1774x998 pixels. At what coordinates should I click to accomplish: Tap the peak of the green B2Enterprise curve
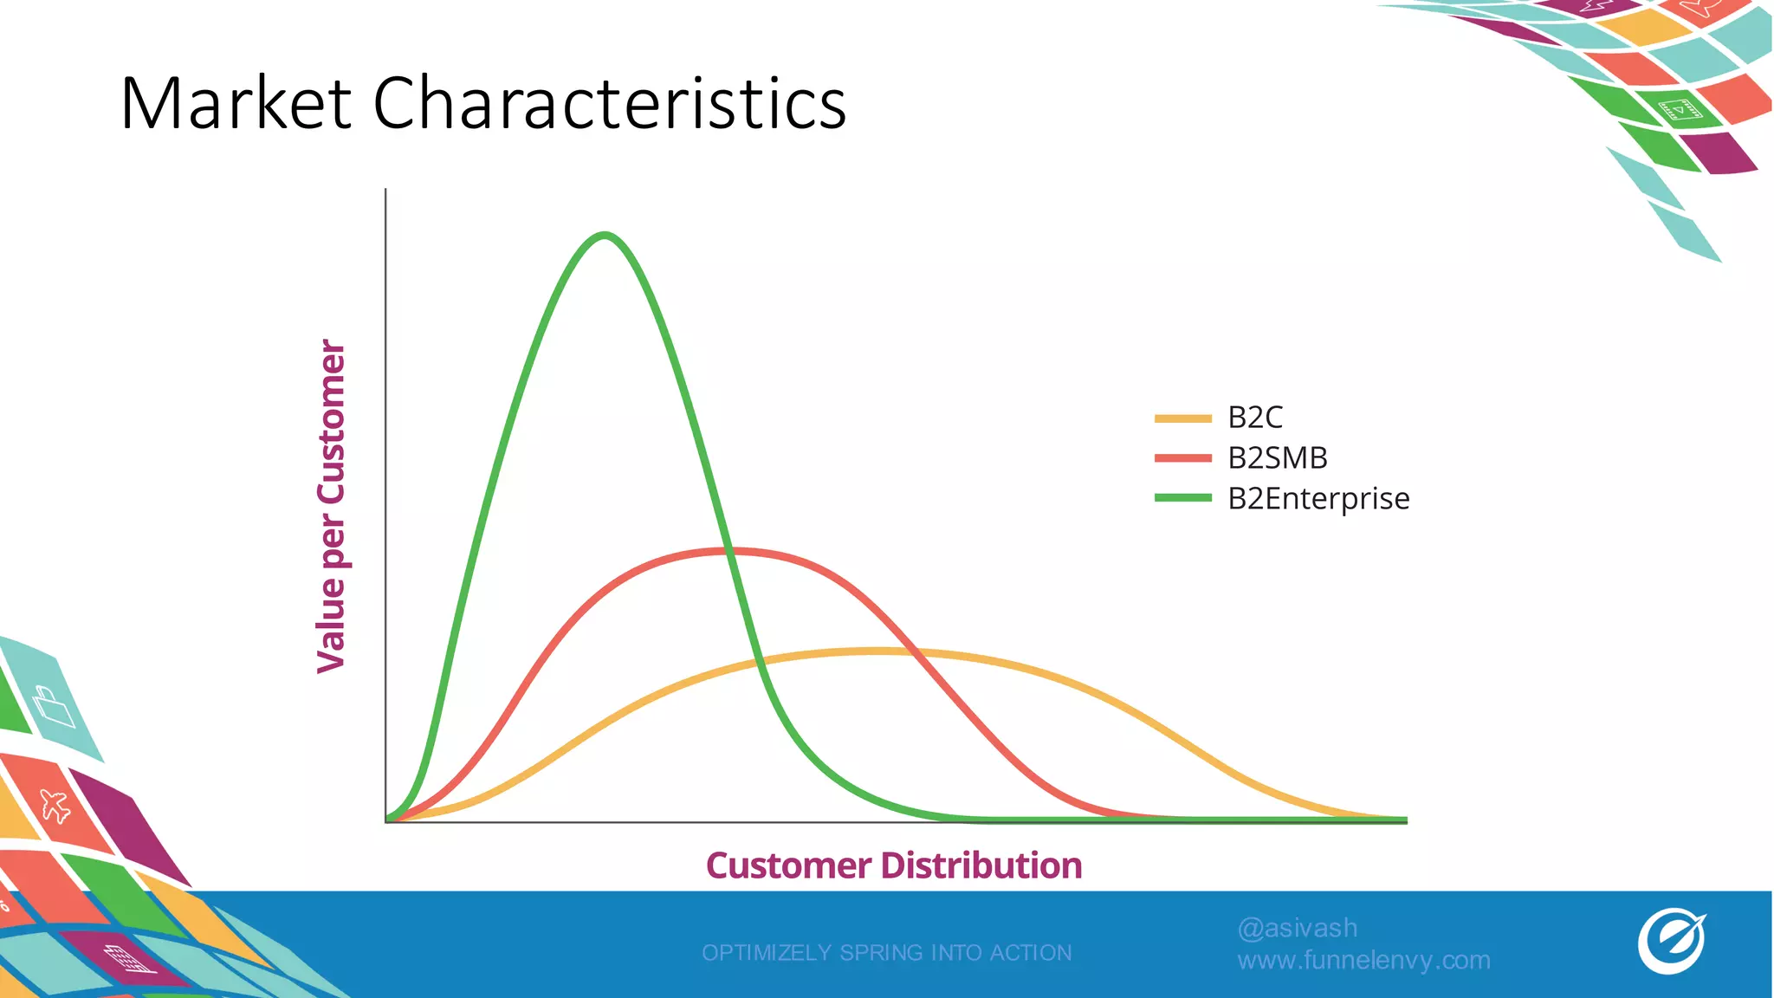tap(604, 235)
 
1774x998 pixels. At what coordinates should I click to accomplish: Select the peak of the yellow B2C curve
tap(875, 650)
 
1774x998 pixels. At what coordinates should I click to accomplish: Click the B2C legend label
tap(1254, 418)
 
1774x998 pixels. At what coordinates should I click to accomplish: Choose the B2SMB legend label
tap(1277, 457)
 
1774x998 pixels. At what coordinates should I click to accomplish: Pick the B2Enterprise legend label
tap(1318, 498)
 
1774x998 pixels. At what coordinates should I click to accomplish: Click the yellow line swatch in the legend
tap(1182, 418)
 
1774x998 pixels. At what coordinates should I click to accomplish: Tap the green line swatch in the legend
tap(1182, 498)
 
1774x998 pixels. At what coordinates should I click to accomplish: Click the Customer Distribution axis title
tap(893, 865)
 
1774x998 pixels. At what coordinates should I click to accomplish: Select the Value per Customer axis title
tap(332, 506)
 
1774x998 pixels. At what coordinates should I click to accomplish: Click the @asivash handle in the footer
tap(1297, 928)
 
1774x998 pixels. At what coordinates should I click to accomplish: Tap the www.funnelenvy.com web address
tap(1363, 960)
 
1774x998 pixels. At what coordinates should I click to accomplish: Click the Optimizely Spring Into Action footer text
tap(886, 952)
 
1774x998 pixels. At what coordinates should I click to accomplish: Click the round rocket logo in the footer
tap(1671, 941)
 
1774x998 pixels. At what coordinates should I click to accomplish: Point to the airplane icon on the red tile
tap(55, 805)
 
